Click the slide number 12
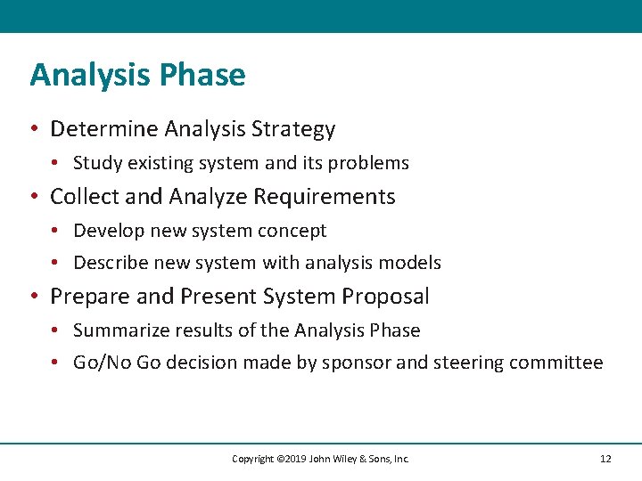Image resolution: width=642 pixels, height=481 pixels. pos(605,459)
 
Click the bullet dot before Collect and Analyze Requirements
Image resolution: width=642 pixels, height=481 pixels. pos(34,197)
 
